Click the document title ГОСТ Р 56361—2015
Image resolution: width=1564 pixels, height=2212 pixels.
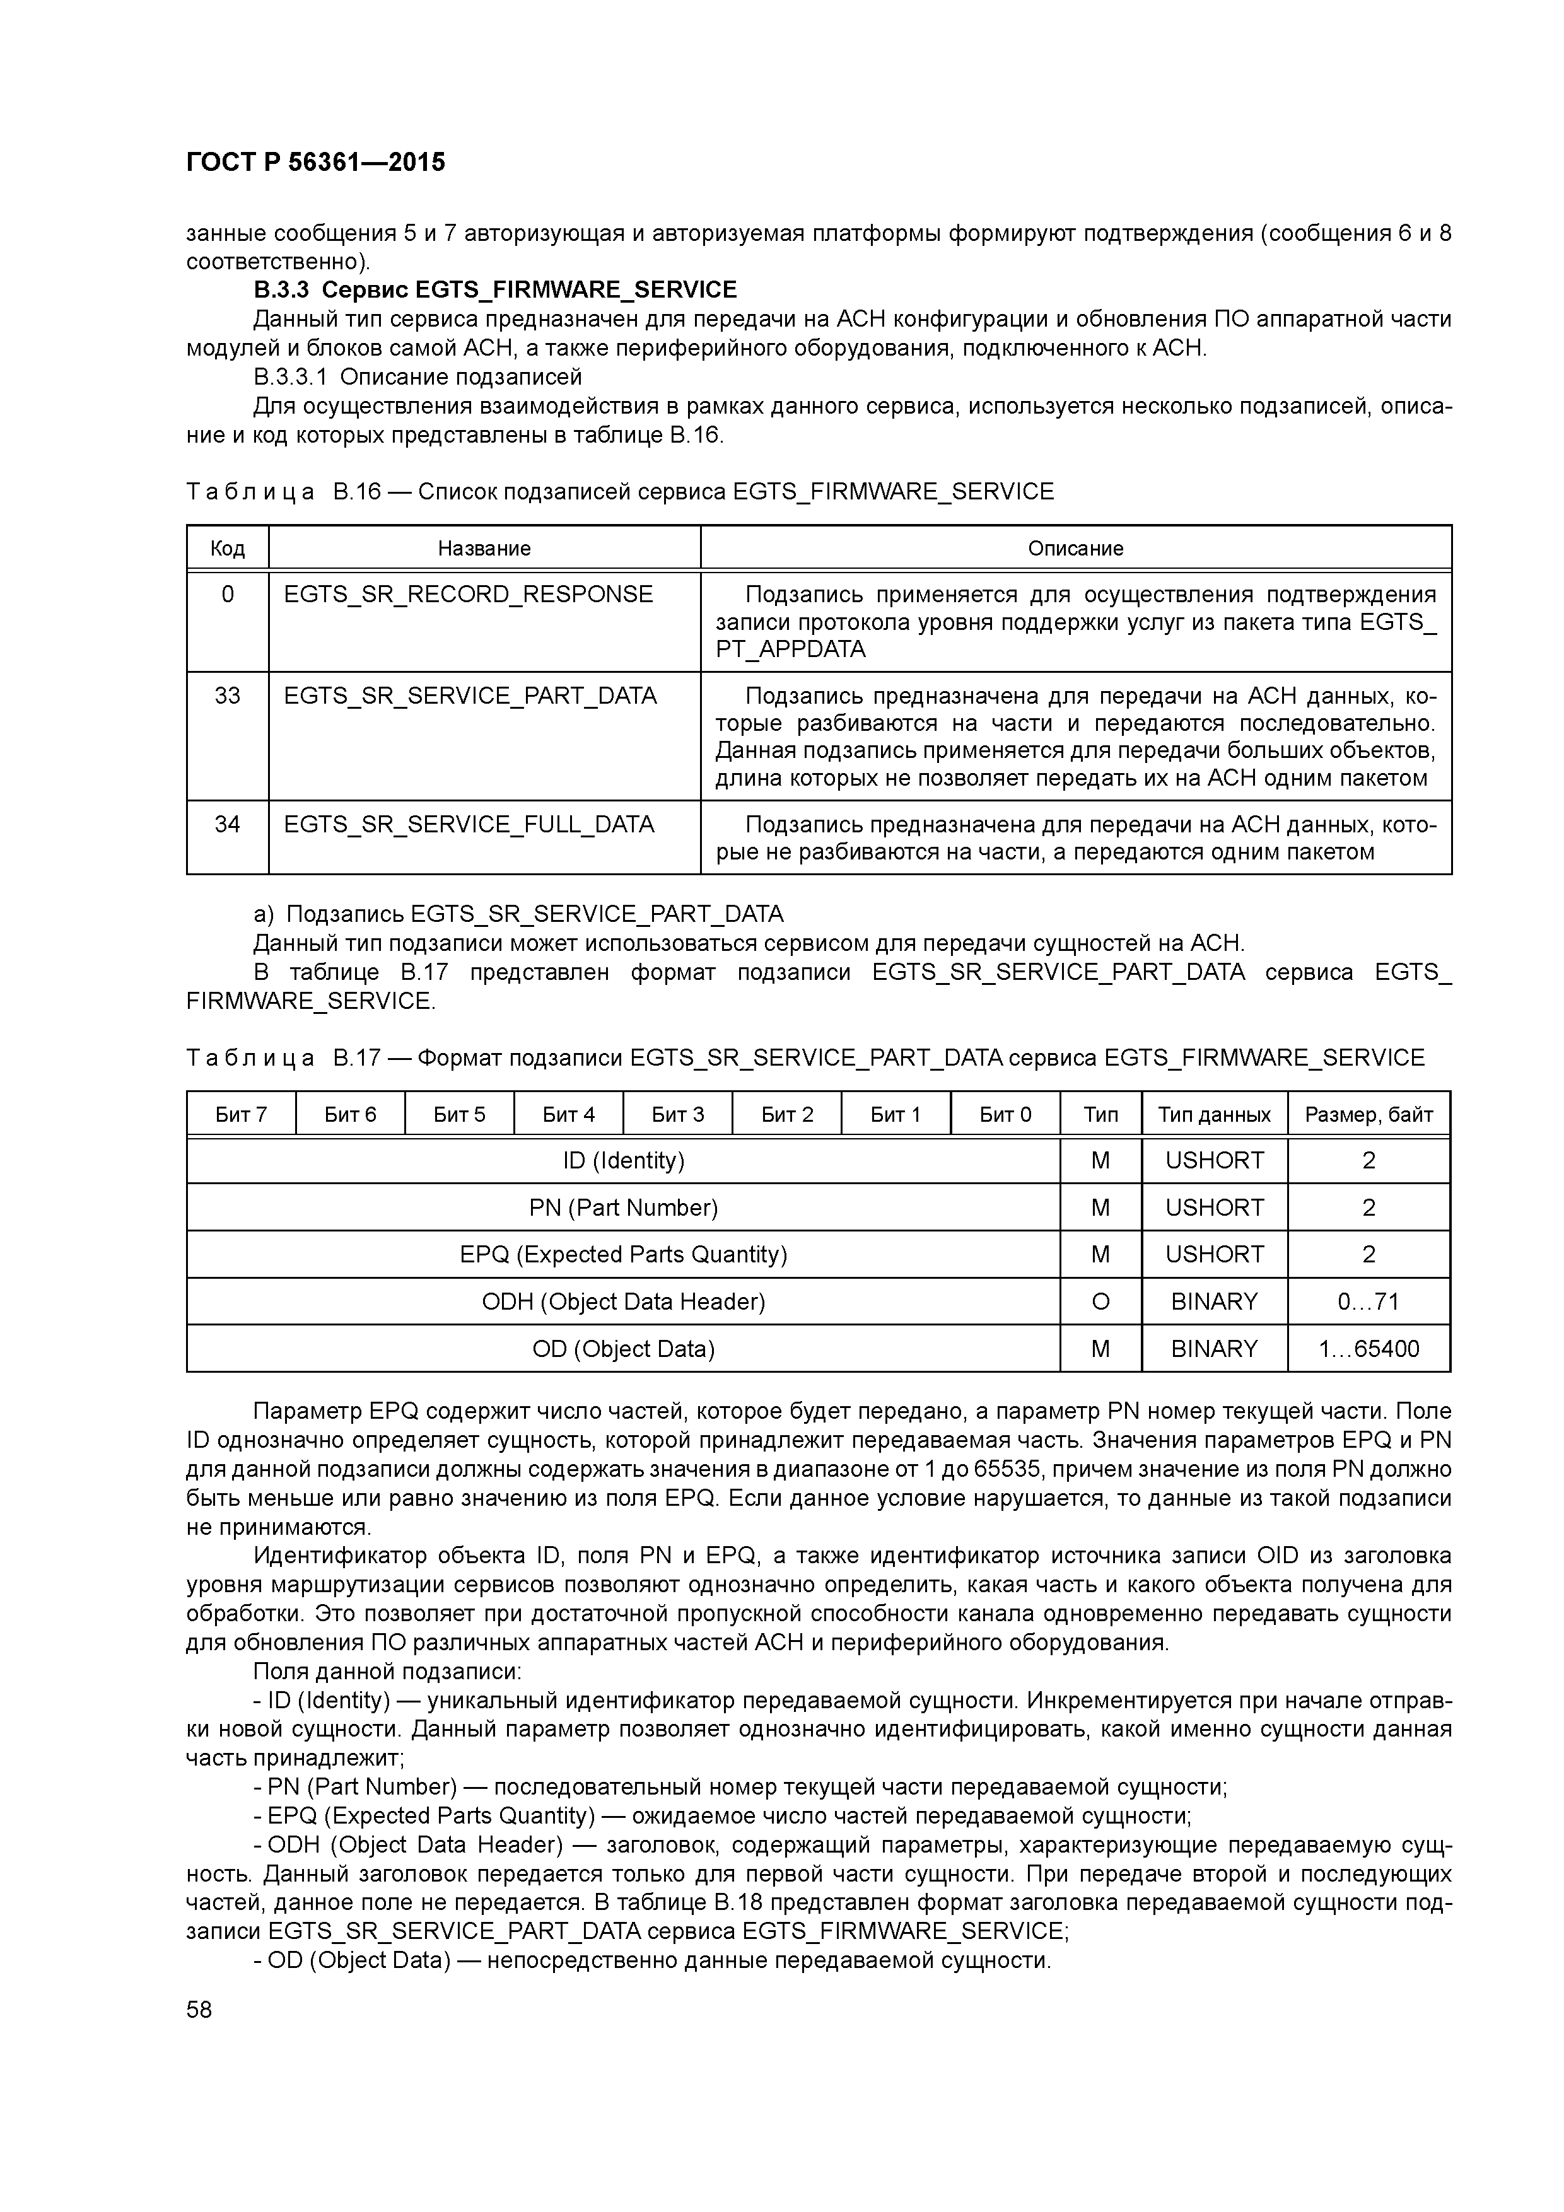tap(315, 162)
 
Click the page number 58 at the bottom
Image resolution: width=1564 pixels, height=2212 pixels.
tap(199, 2009)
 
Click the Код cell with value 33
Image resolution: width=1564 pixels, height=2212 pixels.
tap(228, 696)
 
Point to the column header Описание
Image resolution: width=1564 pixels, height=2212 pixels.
tap(1075, 548)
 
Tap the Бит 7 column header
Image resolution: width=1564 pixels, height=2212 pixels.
tap(241, 1115)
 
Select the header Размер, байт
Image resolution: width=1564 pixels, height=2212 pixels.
tap(1368, 1115)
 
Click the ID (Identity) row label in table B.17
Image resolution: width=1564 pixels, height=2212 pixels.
tap(624, 1160)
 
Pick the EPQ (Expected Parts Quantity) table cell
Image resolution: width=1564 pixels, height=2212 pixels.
tap(624, 1254)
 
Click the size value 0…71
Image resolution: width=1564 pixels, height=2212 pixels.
tap(1368, 1301)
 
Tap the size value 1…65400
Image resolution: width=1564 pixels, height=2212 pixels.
tap(1368, 1349)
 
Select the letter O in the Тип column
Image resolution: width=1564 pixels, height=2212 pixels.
tap(1100, 1301)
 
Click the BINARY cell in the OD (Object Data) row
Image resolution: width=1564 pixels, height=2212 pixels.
tap(1214, 1349)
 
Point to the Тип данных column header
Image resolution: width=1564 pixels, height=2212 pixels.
tap(1214, 1115)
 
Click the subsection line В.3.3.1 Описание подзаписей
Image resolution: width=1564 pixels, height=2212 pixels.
tap(417, 376)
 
